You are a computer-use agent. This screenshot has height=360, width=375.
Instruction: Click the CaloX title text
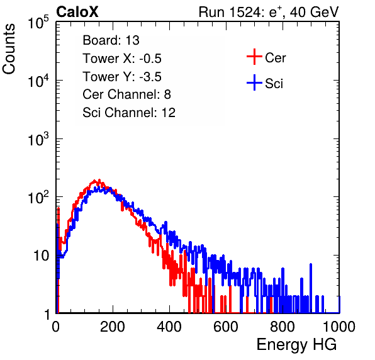(x=77, y=12)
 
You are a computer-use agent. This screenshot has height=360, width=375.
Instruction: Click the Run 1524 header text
(x=269, y=12)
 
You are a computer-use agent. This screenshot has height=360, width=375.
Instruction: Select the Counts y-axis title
(x=9, y=49)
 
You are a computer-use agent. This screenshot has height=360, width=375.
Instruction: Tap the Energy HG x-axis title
(x=296, y=345)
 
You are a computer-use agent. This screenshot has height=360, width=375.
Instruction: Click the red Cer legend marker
(x=254, y=57)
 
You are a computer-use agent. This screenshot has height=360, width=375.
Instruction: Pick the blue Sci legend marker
(x=254, y=83)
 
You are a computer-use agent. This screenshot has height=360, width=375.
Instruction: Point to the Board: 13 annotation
(x=111, y=40)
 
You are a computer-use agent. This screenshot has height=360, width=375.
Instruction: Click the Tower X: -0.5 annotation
(x=122, y=59)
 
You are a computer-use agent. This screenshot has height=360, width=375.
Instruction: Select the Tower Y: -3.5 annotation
(x=122, y=77)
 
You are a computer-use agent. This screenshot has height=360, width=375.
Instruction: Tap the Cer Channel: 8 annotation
(x=126, y=94)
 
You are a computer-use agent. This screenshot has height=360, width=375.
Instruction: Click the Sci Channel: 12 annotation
(x=129, y=113)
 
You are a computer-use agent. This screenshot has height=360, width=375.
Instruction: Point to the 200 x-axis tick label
(x=113, y=327)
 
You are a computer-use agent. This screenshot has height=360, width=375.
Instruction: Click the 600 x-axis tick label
(x=226, y=327)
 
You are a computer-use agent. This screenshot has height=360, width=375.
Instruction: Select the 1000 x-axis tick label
(x=339, y=327)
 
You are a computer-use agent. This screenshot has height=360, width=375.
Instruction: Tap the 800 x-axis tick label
(x=283, y=327)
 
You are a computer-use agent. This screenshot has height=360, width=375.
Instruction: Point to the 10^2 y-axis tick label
(x=38, y=197)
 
